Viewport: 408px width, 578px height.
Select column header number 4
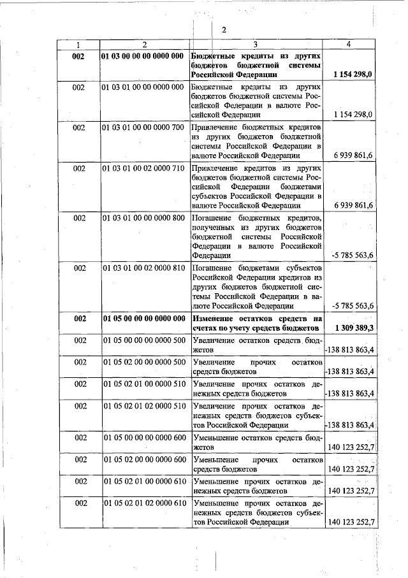[x=348, y=45]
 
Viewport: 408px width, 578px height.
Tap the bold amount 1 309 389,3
[x=353, y=328]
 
